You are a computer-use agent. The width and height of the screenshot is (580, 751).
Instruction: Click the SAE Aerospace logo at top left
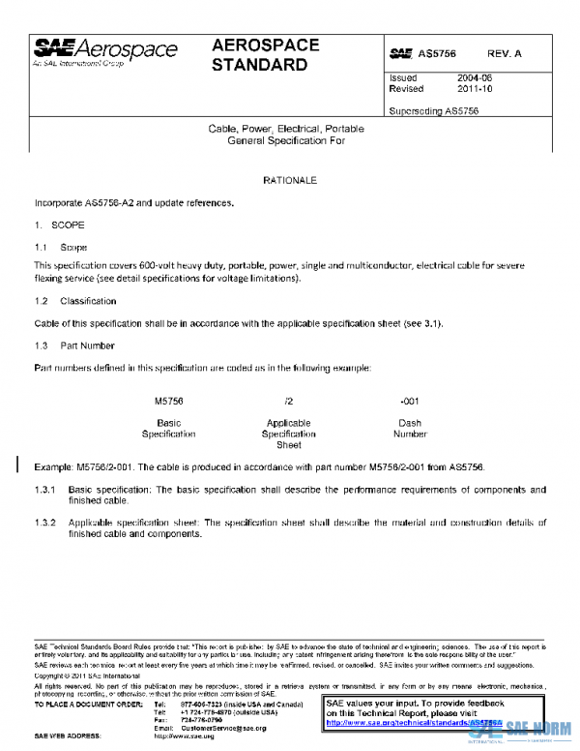pos(106,50)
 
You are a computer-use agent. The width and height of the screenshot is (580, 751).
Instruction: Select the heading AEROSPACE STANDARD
pos(259,55)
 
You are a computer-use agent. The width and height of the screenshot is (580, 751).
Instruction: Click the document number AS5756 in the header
pos(437,55)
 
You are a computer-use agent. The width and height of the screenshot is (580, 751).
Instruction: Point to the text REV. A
pos(504,55)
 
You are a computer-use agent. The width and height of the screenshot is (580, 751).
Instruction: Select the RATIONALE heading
pos(289,181)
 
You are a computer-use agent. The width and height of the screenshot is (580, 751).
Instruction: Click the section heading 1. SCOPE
pos(54,224)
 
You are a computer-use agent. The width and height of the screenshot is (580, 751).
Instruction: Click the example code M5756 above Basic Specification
pos(169,401)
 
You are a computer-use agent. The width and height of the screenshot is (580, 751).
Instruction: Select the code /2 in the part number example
pos(289,401)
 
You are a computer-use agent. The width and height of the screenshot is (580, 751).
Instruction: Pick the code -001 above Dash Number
pos(410,401)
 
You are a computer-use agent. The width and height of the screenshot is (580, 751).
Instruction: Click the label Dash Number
pos(410,429)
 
